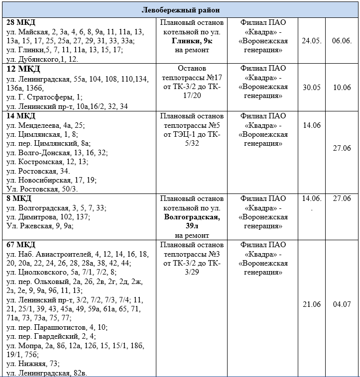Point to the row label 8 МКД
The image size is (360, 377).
[x=17, y=198]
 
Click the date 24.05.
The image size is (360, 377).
[x=311, y=40]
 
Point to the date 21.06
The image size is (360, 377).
[x=311, y=304]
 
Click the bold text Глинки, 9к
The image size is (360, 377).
[x=191, y=41]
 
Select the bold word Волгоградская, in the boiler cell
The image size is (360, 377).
[x=192, y=217]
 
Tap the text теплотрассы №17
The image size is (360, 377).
[x=192, y=78]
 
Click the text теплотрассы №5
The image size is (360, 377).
[x=192, y=125]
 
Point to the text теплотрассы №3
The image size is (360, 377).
[x=192, y=254]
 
